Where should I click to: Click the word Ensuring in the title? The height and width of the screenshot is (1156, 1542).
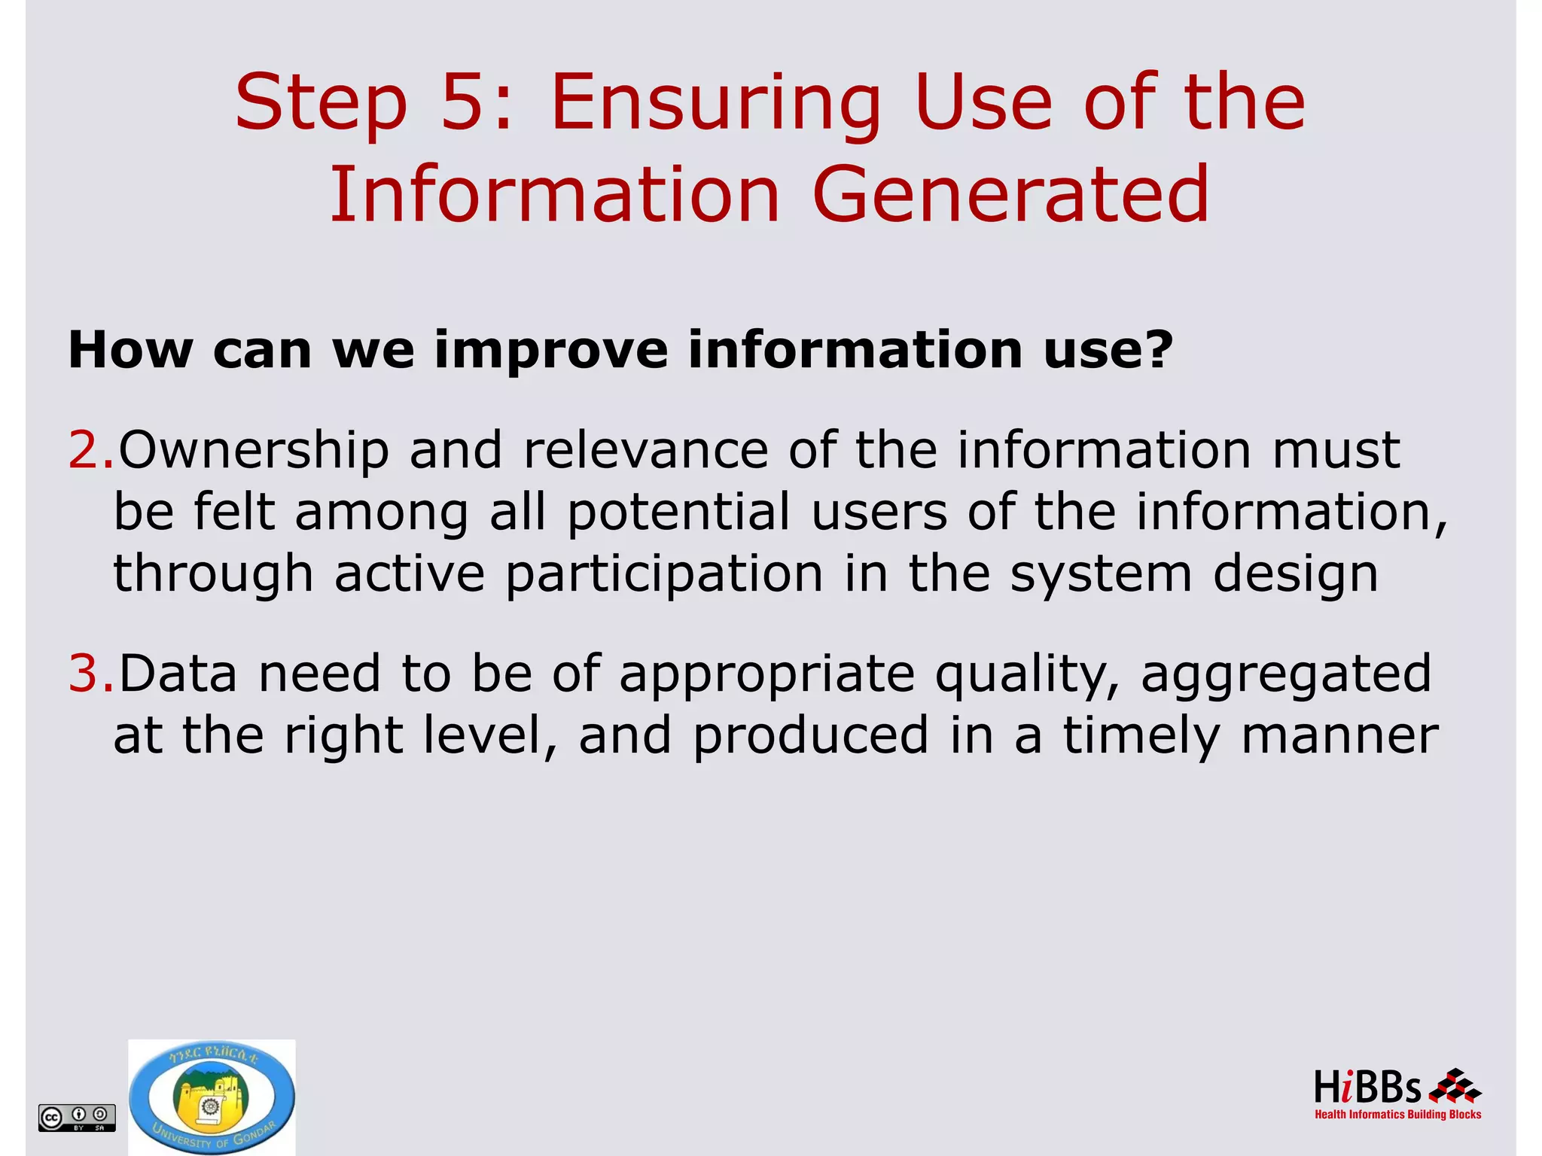715,105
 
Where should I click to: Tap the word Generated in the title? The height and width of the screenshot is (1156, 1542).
1010,196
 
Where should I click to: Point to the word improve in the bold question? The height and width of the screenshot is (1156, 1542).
550,351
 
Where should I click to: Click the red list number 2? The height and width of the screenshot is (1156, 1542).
85,450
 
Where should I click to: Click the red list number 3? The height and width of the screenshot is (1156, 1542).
85,673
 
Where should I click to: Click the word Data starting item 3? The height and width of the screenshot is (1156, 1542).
178,673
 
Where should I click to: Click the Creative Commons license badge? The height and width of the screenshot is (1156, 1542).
77,1117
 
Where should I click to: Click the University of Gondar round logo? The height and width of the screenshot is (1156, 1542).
212,1097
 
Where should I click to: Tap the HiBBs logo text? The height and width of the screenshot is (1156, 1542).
1367,1088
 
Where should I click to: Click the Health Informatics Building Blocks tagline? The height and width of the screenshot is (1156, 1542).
1397,1115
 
